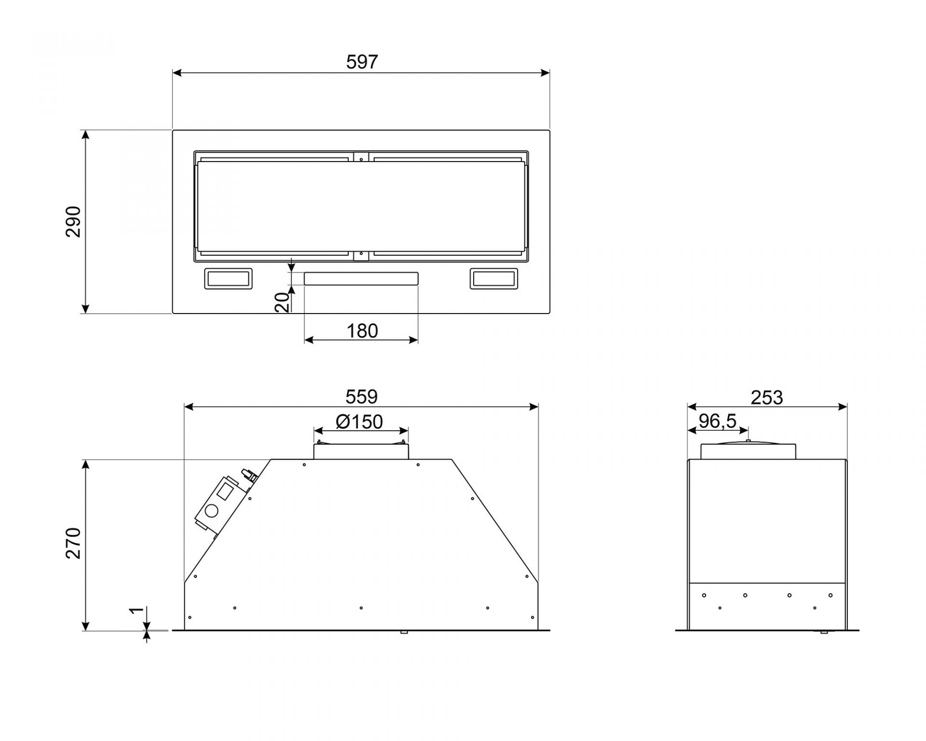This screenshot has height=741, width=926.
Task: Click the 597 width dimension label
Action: pyautogui.click(x=362, y=62)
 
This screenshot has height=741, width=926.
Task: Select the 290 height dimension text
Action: pyautogui.click(x=73, y=221)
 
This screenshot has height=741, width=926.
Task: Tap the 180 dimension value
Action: pyautogui.click(x=362, y=331)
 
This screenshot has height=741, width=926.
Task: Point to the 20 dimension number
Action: pyautogui.click(x=283, y=302)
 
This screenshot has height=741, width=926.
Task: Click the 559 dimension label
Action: pyautogui.click(x=361, y=397)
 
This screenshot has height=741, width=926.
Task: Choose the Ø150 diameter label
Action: pyautogui.click(x=359, y=422)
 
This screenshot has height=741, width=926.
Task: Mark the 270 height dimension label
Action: pyautogui.click(x=73, y=543)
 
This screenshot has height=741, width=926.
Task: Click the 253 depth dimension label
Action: pyautogui.click(x=767, y=398)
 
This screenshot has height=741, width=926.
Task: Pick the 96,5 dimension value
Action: pyautogui.click(x=718, y=421)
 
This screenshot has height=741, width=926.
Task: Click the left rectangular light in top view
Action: pyautogui.click(x=229, y=279)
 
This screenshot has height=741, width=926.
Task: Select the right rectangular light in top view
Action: pyautogui.click(x=494, y=279)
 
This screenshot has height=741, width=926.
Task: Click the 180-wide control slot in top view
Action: pyautogui.click(x=361, y=278)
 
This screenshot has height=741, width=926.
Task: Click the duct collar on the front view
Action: pyautogui.click(x=361, y=450)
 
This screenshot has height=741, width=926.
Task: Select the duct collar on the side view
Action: pyautogui.click(x=748, y=450)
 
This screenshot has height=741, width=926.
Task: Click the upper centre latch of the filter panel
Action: pyautogui.click(x=361, y=157)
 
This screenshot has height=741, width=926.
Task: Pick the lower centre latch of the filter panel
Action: pyautogui.click(x=361, y=256)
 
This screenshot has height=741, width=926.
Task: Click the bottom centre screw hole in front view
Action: pyautogui.click(x=361, y=608)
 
